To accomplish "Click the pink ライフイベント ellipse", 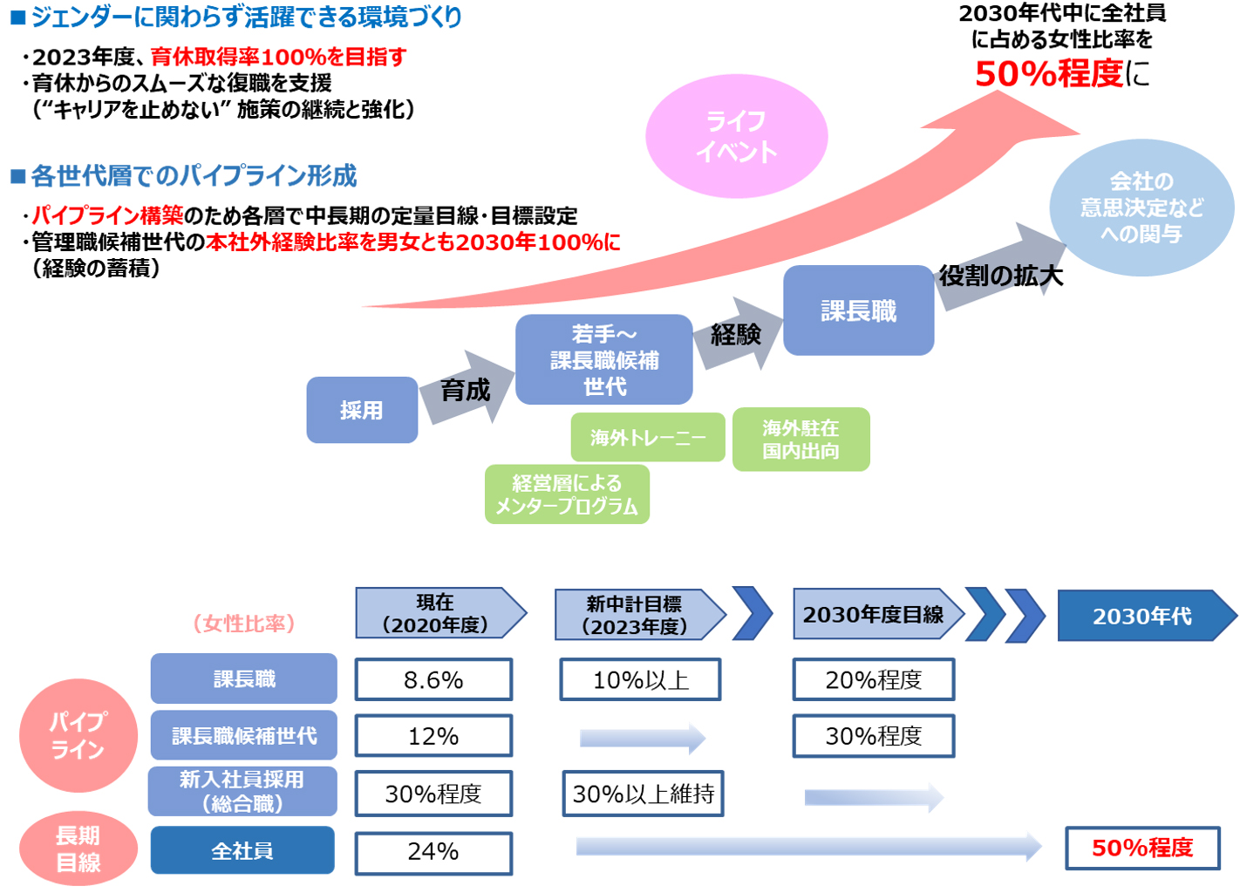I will (x=736, y=136).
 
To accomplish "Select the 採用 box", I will (x=362, y=410).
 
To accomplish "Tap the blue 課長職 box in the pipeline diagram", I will (x=858, y=310).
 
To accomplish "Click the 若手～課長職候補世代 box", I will (x=603, y=359).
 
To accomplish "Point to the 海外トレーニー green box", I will (x=647, y=437).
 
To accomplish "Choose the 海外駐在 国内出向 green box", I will (x=801, y=440).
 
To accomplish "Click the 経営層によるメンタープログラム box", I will (x=567, y=494).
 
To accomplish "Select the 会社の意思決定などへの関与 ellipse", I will (x=1141, y=208).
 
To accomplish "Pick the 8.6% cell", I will (x=433, y=679).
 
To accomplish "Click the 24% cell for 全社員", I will (x=433, y=852).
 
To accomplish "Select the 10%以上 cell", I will (x=640, y=679).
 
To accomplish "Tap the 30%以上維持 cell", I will (x=643, y=794).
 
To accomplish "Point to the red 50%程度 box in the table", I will (x=1142, y=848).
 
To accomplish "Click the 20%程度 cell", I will (x=873, y=679).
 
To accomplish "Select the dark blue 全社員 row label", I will (x=242, y=850).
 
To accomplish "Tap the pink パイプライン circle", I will (x=78, y=735).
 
